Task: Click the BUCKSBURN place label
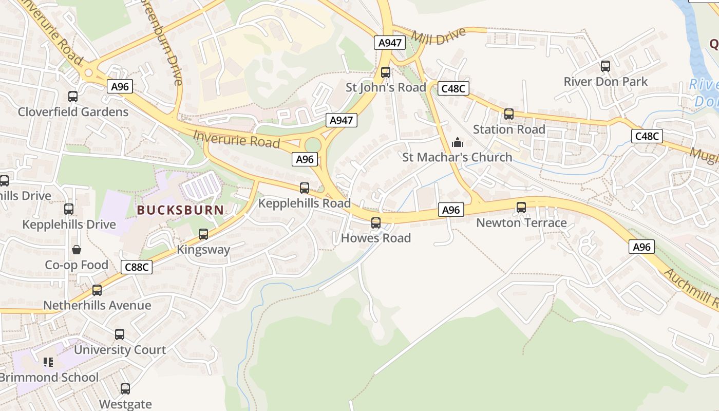[x=180, y=210]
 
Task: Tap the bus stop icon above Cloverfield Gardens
[x=73, y=96]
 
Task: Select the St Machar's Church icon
[x=457, y=142]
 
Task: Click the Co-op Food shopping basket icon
[x=77, y=250]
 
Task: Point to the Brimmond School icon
[x=48, y=362]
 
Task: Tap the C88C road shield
[x=137, y=267]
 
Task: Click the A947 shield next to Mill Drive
[x=390, y=43]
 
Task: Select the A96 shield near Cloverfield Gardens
[x=120, y=86]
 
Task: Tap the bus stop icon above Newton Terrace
[x=521, y=208]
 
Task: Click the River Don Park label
[x=606, y=82]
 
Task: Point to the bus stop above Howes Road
[x=376, y=223]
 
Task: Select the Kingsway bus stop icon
[x=203, y=234]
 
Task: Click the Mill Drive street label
[x=439, y=35]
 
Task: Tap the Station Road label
[x=509, y=129]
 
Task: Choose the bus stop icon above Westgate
[x=125, y=389]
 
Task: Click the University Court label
[x=120, y=350]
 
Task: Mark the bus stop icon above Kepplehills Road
[x=305, y=188]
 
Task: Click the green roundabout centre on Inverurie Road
[x=312, y=145]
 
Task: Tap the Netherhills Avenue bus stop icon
[x=97, y=290]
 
